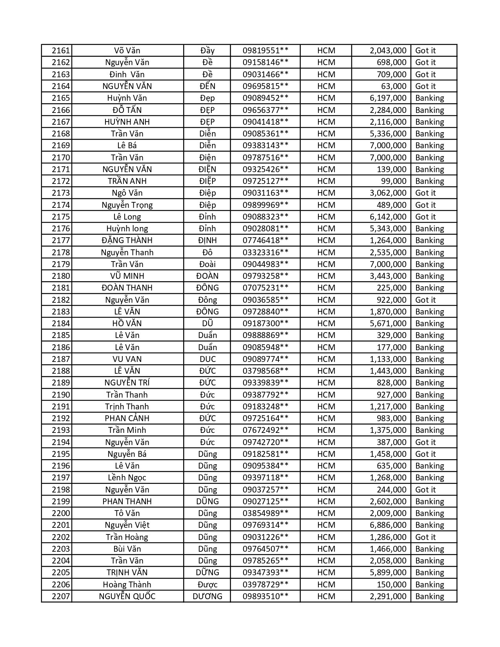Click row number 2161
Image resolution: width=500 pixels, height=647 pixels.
pyautogui.click(x=60, y=51)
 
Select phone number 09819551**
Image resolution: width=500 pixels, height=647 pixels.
pyautogui.click(x=265, y=51)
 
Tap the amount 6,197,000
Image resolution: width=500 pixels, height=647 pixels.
pyautogui.click(x=388, y=98)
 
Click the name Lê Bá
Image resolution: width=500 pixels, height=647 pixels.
pyautogui.click(x=127, y=145)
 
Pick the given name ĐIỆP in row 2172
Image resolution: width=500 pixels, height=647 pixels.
pyautogui.click(x=207, y=181)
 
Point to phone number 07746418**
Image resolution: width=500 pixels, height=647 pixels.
pyautogui.click(x=265, y=240)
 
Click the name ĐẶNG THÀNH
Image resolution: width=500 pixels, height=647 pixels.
pyautogui.click(x=127, y=240)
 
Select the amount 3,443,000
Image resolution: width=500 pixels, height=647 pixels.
pyautogui.click(x=388, y=276)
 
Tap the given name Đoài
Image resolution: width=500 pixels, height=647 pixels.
pyautogui.click(x=207, y=264)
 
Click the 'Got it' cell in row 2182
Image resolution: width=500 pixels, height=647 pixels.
pyautogui.click(x=425, y=300)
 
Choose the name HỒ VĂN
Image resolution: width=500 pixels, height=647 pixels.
pyautogui.click(x=127, y=323)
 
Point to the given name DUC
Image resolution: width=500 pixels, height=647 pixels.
pyautogui.click(x=207, y=359)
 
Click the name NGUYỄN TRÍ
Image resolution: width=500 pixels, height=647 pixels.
pyautogui.click(x=127, y=383)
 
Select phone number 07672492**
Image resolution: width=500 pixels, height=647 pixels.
pyautogui.click(x=265, y=430)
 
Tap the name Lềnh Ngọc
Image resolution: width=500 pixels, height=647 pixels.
pyautogui.click(x=127, y=478)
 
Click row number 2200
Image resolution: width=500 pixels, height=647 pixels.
pyautogui.click(x=60, y=513)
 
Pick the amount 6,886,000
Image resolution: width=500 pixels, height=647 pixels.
pyautogui.click(x=388, y=525)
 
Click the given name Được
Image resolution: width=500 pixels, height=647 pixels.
pyautogui.click(x=207, y=585)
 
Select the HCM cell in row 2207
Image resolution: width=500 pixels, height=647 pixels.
pyautogui.click(x=326, y=596)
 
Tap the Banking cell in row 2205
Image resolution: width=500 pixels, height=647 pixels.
pyautogui.click(x=430, y=572)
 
